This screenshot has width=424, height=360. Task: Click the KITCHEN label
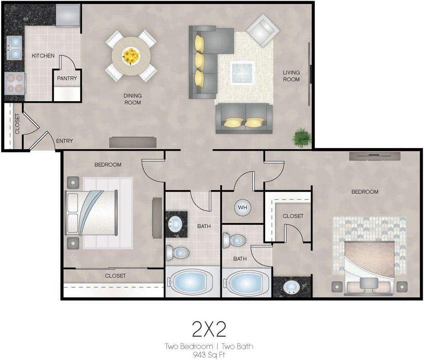(x=43, y=56)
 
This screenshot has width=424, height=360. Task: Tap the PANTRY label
(x=67, y=78)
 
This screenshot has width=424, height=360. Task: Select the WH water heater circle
(x=242, y=208)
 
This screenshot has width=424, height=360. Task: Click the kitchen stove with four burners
(x=15, y=84)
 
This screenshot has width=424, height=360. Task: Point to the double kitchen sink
(x=14, y=48)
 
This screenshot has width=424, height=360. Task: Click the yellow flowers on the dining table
(x=131, y=56)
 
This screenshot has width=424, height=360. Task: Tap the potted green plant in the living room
(x=301, y=137)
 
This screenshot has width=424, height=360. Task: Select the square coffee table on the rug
(x=242, y=73)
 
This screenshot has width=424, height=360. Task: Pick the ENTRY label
(x=64, y=141)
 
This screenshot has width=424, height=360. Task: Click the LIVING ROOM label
(x=291, y=76)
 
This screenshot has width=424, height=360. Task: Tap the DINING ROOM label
(x=133, y=99)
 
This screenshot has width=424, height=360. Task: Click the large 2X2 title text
(x=209, y=329)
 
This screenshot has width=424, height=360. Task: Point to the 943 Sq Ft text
(x=209, y=354)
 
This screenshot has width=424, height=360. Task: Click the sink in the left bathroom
(x=176, y=224)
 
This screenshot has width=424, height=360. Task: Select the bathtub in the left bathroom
(x=192, y=282)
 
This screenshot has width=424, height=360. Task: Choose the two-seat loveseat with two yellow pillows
(x=244, y=119)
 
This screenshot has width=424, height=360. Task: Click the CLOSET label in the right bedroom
(x=293, y=216)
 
